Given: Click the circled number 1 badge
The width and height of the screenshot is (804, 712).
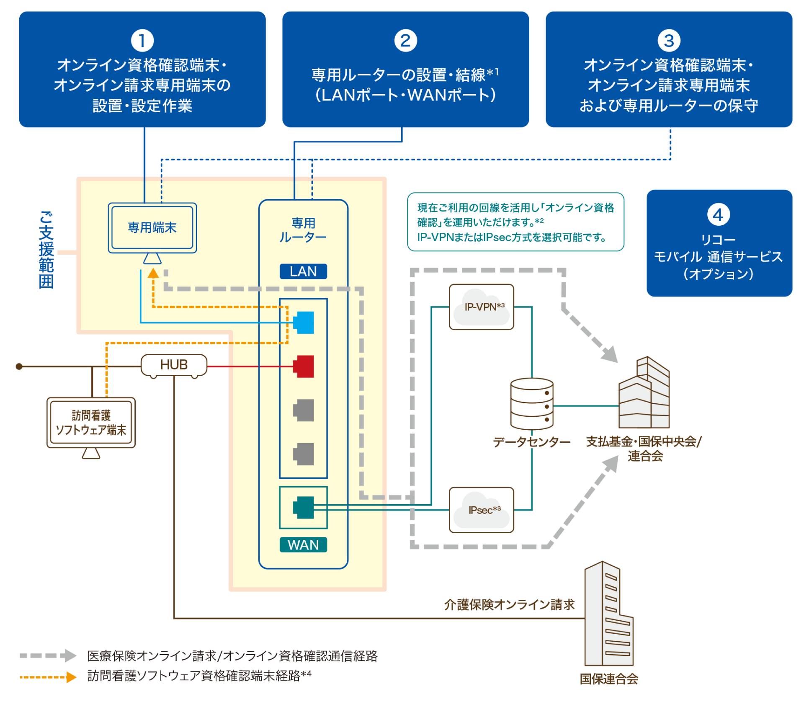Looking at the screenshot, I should (x=142, y=41).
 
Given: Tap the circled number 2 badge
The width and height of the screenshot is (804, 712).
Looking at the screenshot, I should (x=405, y=41).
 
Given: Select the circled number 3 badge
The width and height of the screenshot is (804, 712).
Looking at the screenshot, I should (x=669, y=41).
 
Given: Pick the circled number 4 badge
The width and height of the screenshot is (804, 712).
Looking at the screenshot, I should (x=718, y=215).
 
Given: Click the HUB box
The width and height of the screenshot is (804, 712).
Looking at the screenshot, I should (x=174, y=365).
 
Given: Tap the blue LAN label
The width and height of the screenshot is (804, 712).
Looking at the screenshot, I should (x=303, y=271).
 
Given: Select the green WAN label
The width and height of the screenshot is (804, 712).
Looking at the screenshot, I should (x=303, y=544).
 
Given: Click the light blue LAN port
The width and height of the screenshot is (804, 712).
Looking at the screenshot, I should (x=304, y=322).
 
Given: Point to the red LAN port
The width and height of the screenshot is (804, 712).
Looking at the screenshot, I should (x=304, y=366).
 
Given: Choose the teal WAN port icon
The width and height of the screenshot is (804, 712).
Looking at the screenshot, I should (x=304, y=507).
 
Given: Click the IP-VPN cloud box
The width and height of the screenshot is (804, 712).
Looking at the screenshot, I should (x=482, y=307).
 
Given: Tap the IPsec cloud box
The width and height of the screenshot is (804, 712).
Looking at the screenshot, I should (x=482, y=510).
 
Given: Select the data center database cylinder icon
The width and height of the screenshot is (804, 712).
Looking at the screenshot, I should (x=532, y=404).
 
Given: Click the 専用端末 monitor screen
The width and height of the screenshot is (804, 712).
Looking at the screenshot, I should (x=152, y=227).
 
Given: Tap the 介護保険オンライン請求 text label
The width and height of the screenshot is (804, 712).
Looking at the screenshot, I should (x=509, y=604).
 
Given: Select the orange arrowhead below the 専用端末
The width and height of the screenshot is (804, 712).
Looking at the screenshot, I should (x=153, y=273).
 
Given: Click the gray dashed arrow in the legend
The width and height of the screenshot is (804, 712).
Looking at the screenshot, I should (x=48, y=655).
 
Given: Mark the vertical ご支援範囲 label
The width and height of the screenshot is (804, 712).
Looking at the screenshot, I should (x=46, y=250).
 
